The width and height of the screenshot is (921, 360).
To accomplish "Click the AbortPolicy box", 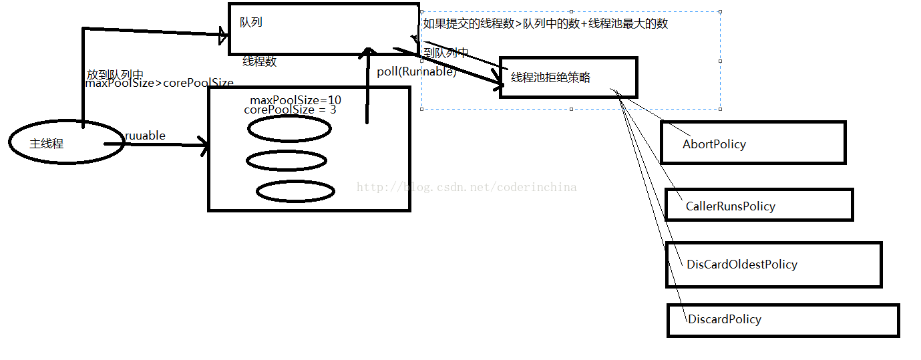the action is click(753, 142).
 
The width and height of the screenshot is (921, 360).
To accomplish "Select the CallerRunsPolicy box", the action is click(759, 205).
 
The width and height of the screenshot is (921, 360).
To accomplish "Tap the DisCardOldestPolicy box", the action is click(773, 264).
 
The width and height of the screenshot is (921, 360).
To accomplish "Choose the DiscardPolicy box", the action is click(783, 320).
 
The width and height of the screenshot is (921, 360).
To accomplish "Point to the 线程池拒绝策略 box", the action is click(568, 77).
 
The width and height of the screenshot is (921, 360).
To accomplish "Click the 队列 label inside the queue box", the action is click(251, 22).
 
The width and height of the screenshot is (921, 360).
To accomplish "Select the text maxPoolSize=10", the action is click(295, 100).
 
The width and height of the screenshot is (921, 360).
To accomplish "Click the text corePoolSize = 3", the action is click(290, 110).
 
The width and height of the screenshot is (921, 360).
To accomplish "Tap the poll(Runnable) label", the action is click(416, 71).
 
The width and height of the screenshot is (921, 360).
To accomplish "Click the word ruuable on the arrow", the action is click(145, 136).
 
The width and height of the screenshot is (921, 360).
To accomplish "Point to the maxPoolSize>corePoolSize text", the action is click(159, 83).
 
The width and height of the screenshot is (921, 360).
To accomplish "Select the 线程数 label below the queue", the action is click(259, 61).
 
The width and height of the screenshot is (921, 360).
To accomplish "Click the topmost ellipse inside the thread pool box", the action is click(289, 128).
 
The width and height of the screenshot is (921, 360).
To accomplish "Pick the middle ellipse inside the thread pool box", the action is click(287, 160).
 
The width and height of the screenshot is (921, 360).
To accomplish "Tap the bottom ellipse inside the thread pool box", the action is click(295, 192).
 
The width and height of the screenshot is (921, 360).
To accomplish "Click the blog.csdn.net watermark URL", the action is click(466, 187).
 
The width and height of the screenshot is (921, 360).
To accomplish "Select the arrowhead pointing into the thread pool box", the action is click(203, 144).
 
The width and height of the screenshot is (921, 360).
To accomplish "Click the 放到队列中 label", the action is click(115, 74).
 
